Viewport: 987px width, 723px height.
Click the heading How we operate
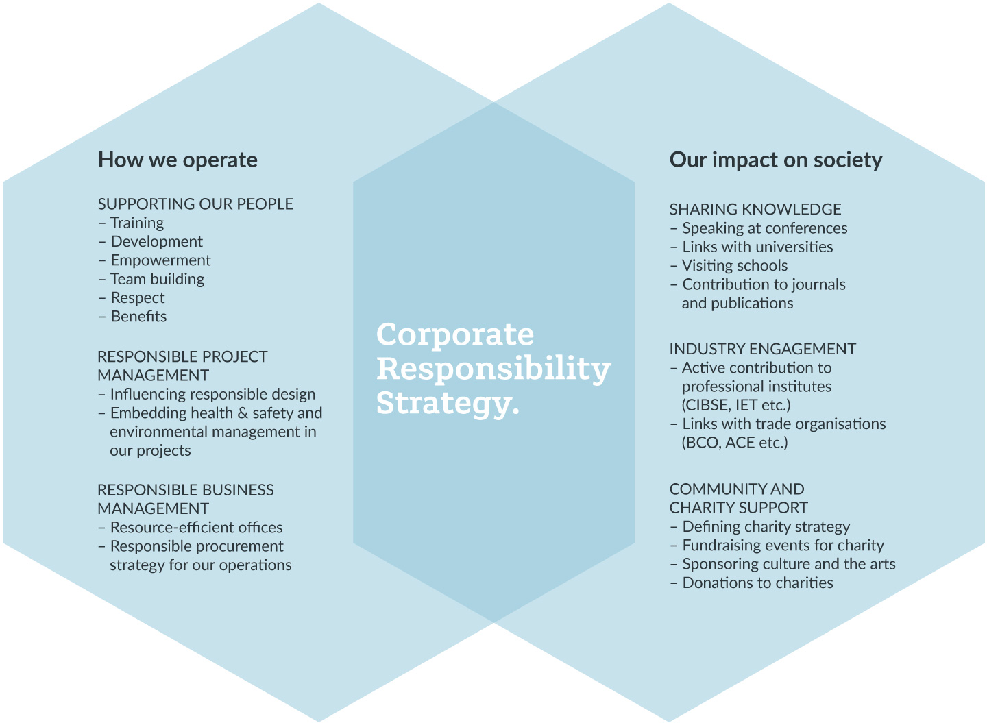coord(178,160)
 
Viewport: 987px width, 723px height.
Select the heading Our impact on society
coord(776,160)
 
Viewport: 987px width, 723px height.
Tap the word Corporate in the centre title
coord(455,336)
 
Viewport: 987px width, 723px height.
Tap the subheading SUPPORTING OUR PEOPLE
coord(195,204)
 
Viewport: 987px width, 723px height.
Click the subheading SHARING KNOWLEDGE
coord(755,209)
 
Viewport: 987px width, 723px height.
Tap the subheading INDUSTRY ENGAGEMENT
coord(763,349)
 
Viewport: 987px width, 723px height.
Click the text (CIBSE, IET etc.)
coord(736,405)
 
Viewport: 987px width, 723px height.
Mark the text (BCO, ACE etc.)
coord(735,442)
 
